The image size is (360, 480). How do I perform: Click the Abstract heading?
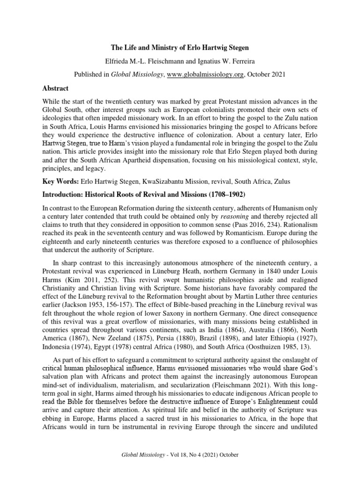(56, 88)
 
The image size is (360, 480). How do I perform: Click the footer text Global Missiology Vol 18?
(180, 455)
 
